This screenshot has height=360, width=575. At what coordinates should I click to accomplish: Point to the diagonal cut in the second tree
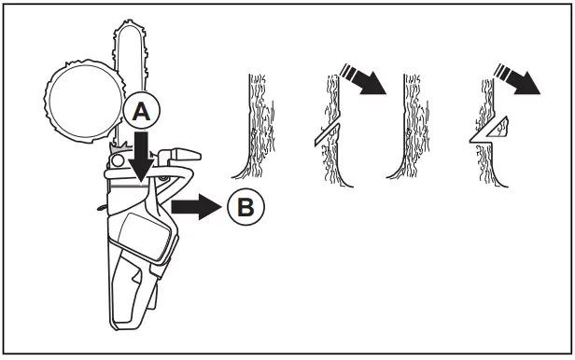[326, 133]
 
